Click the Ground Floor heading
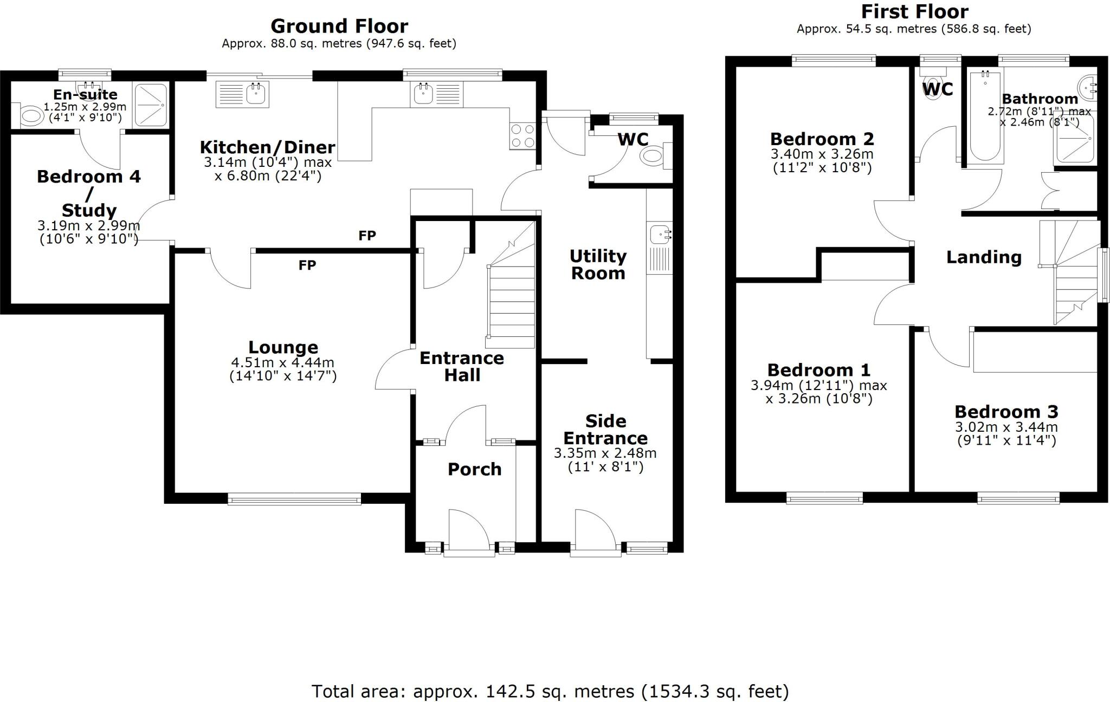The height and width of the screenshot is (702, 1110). (339, 26)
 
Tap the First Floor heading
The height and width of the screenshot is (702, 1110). (914, 11)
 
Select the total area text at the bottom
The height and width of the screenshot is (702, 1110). (550, 691)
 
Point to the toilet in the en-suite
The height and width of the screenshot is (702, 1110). (31, 116)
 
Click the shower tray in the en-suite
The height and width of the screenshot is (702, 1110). (151, 105)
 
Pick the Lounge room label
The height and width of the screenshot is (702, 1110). (283, 347)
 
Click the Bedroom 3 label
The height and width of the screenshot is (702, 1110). (1006, 412)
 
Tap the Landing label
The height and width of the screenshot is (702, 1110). (984, 257)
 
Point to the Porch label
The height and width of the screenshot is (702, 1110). (474, 469)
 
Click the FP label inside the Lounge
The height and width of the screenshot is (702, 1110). (307, 265)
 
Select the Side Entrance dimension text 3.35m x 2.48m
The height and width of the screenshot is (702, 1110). (605, 453)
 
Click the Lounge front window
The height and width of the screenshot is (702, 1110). (294, 499)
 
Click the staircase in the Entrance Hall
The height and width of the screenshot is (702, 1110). (512, 303)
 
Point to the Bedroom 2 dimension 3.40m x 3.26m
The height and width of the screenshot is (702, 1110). (822, 154)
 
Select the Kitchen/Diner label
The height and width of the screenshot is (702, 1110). (267, 147)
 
